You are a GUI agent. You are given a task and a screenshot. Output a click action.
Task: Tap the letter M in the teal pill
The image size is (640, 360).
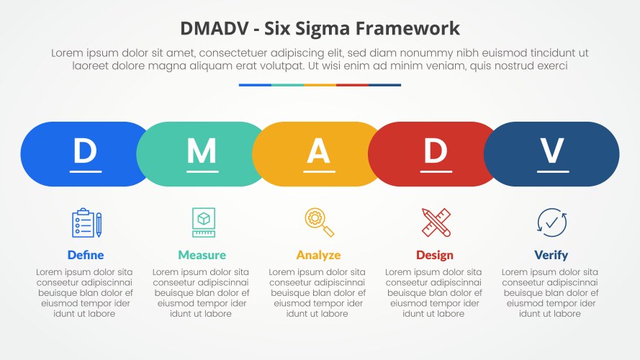coord(202,150)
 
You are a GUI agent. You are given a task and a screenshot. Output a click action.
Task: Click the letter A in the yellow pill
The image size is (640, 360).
coord(318,150)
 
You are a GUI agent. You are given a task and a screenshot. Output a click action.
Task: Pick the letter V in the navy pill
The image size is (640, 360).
coord(551,150)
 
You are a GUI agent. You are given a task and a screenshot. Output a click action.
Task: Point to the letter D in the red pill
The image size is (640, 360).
coord(435,150)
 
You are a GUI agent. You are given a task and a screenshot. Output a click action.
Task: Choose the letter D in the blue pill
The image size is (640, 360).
coord(85,150)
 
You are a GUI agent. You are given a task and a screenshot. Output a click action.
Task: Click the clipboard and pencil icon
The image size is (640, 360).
coord(86,222)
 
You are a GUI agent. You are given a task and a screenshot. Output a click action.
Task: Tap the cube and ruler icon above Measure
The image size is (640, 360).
coord(203,222)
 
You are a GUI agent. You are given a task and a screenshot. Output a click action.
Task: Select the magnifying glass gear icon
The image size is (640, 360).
coord(319,222)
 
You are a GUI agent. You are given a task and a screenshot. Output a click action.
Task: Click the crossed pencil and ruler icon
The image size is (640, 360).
coord(436,222)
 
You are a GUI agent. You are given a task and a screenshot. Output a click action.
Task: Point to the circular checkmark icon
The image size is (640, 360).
coord(551,222)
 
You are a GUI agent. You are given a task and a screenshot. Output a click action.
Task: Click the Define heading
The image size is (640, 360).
coord(86,255)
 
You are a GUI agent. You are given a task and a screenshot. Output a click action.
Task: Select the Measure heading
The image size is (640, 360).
coord(202,255)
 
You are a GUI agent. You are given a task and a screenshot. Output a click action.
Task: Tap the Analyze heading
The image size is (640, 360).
coord(318,255)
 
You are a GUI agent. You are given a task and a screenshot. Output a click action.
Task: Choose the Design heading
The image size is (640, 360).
coord(435,255)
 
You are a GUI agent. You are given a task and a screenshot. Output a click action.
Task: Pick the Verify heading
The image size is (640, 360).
coord(551,255)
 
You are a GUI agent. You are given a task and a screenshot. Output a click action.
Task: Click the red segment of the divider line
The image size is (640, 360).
coord(352,85)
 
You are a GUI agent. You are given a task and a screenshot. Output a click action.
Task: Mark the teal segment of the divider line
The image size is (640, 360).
coord(287,85)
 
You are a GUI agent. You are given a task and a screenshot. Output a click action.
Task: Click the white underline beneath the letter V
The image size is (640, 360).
coord(551,171)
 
